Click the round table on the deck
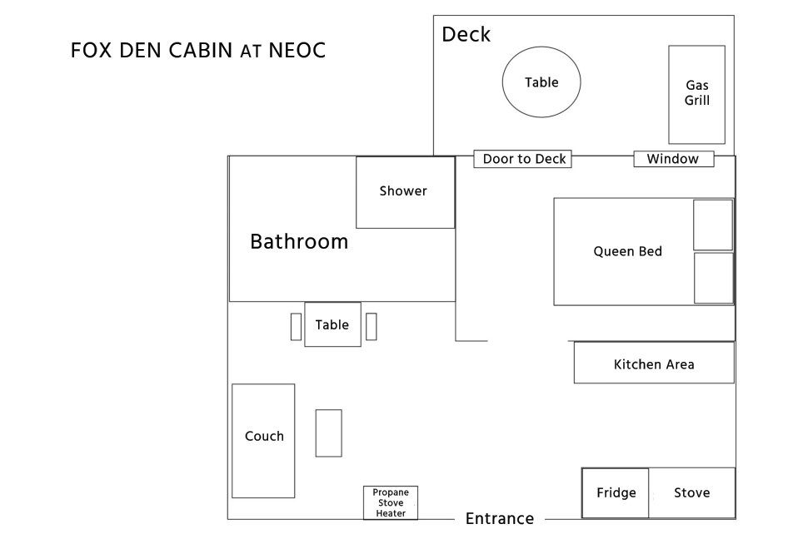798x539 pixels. [x=541, y=82]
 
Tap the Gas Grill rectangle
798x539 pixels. [x=696, y=94]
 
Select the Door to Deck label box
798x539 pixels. [x=523, y=159]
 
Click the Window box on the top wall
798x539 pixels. [x=673, y=159]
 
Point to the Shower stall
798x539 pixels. [x=405, y=192]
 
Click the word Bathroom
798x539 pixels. [x=299, y=242]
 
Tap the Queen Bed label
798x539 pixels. [x=627, y=251]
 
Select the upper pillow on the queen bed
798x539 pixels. [x=713, y=225]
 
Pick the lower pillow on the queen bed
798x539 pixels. [x=713, y=278]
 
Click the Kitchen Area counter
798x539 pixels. [x=654, y=363]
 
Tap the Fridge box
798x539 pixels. [x=616, y=493]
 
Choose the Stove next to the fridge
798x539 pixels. [x=692, y=493]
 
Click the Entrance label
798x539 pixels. [x=499, y=519]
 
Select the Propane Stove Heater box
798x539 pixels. [x=391, y=502]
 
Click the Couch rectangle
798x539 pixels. [x=263, y=440]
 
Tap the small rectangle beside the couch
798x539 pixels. [x=328, y=433]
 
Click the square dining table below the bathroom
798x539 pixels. [x=332, y=324]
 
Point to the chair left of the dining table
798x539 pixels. [x=296, y=326]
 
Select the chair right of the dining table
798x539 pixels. [x=372, y=326]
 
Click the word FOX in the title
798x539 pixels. [x=89, y=51]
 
